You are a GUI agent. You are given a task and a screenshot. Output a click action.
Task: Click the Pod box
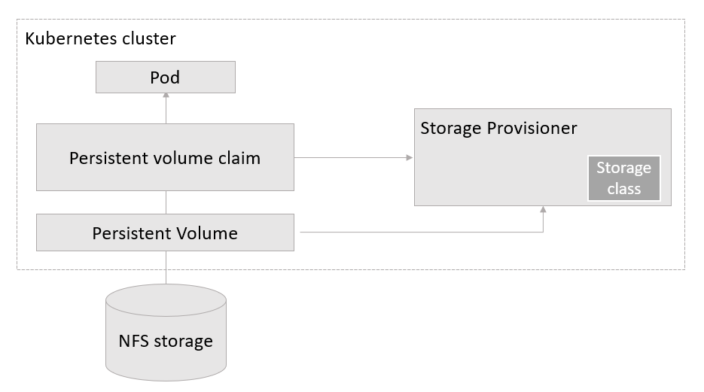[x=166, y=77]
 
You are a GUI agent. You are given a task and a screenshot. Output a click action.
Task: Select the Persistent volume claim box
[x=165, y=158]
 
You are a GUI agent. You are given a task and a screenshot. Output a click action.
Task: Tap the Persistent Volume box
[x=165, y=232]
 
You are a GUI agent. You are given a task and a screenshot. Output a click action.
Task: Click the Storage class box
[x=623, y=179]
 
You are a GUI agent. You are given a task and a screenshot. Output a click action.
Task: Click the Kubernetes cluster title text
[x=101, y=38]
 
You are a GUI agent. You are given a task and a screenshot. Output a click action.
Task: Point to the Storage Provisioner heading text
[x=498, y=128]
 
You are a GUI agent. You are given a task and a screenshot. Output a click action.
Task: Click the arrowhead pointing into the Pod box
[x=166, y=96]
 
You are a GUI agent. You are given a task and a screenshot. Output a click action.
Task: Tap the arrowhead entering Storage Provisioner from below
[x=543, y=210]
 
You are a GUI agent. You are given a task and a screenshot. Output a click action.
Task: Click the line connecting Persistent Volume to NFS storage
[x=166, y=267]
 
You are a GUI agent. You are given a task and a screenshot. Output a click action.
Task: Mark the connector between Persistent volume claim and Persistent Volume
[x=166, y=202]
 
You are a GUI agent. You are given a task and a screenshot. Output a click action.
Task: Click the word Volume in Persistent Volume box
[x=209, y=232]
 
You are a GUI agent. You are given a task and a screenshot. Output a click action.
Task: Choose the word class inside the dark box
[x=623, y=188]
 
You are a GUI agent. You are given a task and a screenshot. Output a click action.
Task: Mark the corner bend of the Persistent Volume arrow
[x=543, y=232]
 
